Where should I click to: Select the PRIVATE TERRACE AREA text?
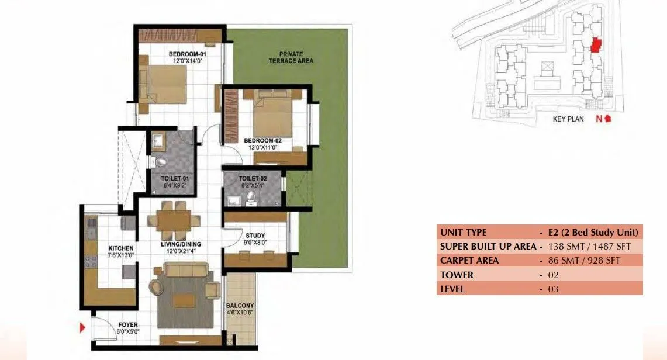coord(291,57)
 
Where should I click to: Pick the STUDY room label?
coord(255,236)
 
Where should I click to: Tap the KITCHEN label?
coord(121,248)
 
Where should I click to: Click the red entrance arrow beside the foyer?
coord(83,327)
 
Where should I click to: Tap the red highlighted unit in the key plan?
coord(596,45)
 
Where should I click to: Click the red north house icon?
coord(608,119)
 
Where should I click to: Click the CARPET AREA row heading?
coord(469,261)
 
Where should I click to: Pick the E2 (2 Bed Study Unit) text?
coord(593,232)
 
